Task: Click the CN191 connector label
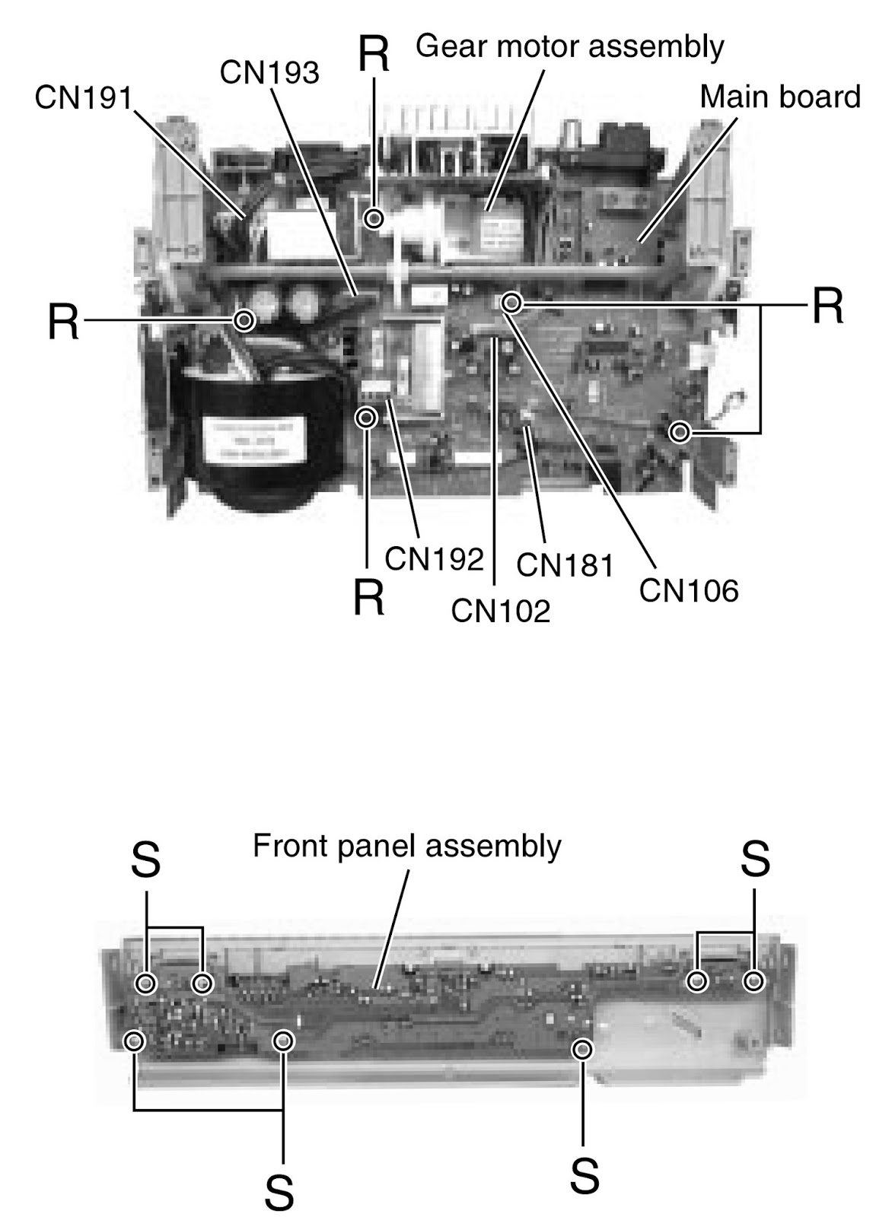tap(84, 97)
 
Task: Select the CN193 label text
tap(269, 73)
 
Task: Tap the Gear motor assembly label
tap(569, 46)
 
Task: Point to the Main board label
tap(779, 97)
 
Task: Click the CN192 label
tap(435, 558)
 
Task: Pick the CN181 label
tap(565, 565)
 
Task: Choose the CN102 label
tap(500, 610)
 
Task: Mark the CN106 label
tap(689, 590)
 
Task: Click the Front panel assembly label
tap(407, 846)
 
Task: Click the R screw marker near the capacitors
tap(244, 319)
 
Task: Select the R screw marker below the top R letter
tap(374, 219)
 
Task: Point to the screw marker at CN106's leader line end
tap(512, 303)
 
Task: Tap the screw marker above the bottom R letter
tap(367, 418)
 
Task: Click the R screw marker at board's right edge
tap(680, 433)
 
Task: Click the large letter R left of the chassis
tap(63, 321)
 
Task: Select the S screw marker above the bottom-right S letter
tap(583, 1050)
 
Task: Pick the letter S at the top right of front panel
tap(755, 860)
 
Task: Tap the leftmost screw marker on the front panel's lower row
tap(135, 1041)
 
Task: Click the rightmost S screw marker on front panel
tap(753, 981)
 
